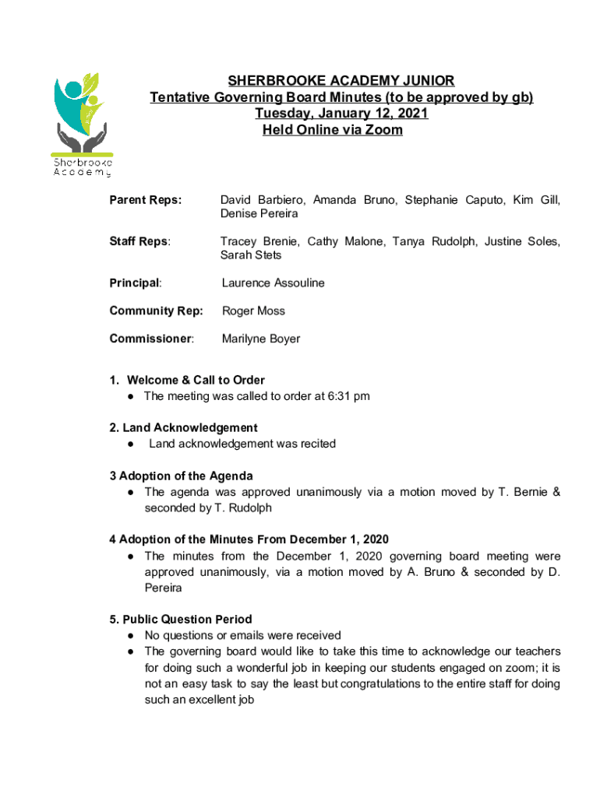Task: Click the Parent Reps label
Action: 146,200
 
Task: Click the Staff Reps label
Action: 140,241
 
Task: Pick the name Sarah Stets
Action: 251,255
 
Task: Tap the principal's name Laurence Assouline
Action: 273,283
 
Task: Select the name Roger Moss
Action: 253,311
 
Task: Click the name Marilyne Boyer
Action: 261,339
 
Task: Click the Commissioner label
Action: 152,339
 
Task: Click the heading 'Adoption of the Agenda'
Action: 185,476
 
